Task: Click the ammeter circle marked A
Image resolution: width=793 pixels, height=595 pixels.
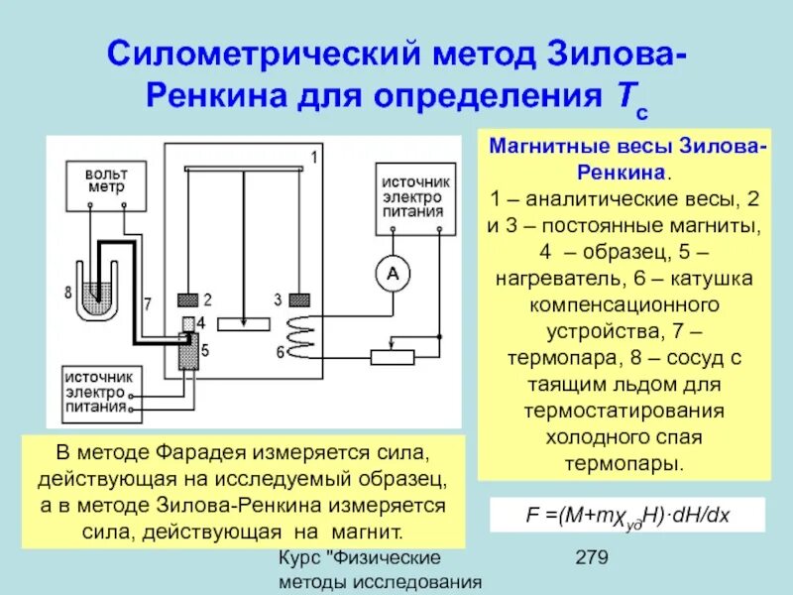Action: point(392,275)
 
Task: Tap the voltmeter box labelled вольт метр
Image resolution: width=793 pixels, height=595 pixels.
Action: point(105,180)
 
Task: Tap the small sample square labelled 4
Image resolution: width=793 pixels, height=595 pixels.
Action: point(188,325)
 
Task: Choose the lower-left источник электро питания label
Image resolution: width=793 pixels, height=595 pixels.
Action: point(97,392)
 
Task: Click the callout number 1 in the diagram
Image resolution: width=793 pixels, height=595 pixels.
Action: point(313,158)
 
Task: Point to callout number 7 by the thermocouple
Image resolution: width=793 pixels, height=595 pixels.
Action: point(147,301)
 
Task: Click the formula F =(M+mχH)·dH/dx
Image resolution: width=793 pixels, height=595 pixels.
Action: point(627,516)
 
